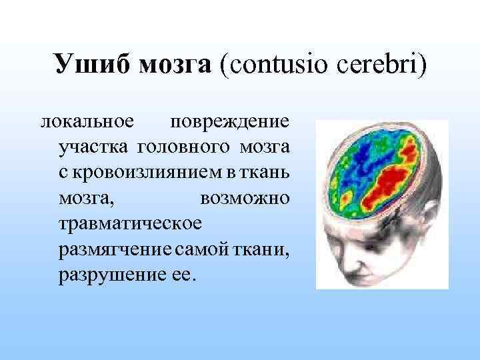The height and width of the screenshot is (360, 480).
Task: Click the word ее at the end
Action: pos(183,274)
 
